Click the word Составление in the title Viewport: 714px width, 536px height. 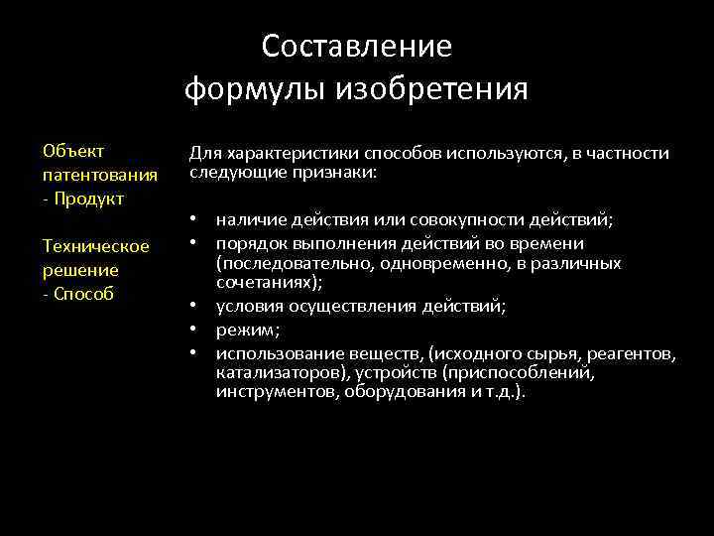[357, 47]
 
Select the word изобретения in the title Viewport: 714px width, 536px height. [432, 90]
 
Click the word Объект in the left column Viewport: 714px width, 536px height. [74, 151]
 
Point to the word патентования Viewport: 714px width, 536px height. [99, 175]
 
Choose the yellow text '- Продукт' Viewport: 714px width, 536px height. [83, 199]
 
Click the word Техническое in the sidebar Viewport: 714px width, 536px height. [96, 245]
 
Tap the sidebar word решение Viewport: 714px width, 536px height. [80, 269]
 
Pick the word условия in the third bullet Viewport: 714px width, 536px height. [248, 307]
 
